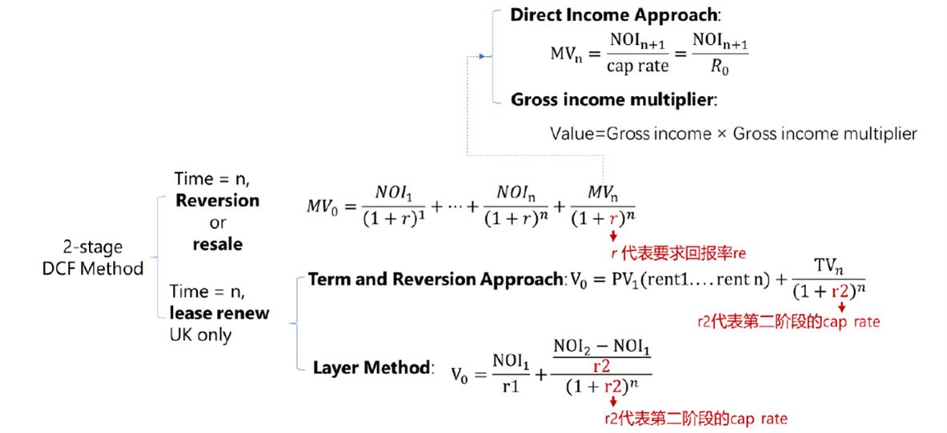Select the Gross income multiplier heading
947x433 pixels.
click(x=614, y=101)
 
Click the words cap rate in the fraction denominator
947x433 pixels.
click(x=636, y=67)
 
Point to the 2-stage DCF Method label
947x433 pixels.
click(x=93, y=259)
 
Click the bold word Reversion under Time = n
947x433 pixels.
click(x=217, y=200)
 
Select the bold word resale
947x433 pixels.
click(x=217, y=244)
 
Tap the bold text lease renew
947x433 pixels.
click(x=221, y=313)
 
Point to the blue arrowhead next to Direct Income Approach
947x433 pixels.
click(x=482, y=57)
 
